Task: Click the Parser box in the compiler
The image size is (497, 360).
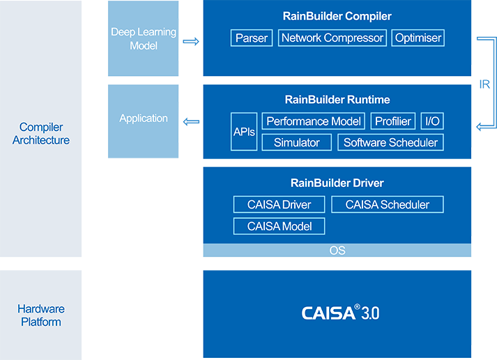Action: point(252,38)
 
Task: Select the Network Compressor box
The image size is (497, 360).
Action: point(332,38)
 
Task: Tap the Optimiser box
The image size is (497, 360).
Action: point(418,38)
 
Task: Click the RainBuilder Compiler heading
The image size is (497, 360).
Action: point(337,16)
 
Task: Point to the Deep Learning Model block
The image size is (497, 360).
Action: point(144,39)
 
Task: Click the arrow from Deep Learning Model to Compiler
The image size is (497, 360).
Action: point(190,41)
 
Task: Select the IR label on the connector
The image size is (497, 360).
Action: point(485,84)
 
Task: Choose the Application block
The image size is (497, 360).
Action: point(144,119)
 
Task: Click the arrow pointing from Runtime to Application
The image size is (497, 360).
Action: point(191,122)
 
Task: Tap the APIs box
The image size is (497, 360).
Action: point(244,132)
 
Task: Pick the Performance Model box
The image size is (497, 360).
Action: point(314,121)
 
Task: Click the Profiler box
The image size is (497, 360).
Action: point(393,121)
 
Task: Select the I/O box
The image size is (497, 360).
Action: point(432,121)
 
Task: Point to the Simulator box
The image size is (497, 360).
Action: point(296,142)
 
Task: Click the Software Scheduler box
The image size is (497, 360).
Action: point(390,142)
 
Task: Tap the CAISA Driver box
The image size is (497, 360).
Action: point(279,204)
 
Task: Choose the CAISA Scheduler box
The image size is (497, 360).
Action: point(387,204)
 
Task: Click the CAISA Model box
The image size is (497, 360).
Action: point(279,226)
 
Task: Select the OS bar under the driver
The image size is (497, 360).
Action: point(337,250)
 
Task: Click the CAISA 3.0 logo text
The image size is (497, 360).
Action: point(340,313)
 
